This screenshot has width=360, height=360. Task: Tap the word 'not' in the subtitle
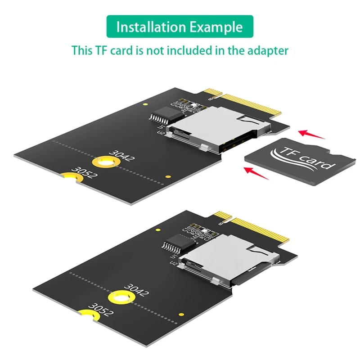153,50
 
